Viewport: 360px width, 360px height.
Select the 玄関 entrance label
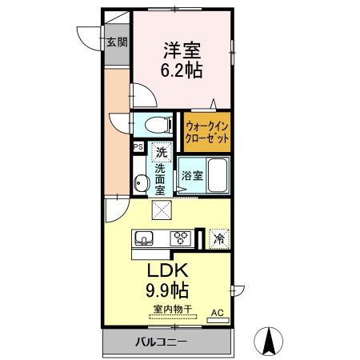click(118, 42)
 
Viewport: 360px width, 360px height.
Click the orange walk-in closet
click(207, 131)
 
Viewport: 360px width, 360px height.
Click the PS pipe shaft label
click(138, 147)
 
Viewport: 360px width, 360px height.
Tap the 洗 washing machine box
click(162, 151)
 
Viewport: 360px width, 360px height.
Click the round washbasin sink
click(142, 184)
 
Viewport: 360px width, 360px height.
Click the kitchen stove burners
click(180, 237)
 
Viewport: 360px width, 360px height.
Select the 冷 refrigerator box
click(218, 238)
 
